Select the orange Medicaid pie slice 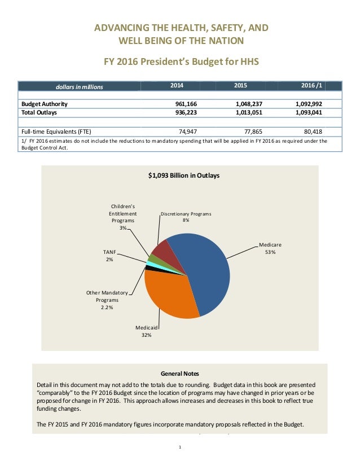click(169, 296)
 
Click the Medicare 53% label click(270, 249)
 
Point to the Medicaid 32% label click(146, 331)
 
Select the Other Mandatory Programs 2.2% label click(107, 300)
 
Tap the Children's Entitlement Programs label click(122, 217)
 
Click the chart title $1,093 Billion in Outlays click(180, 176)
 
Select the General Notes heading click(179, 373)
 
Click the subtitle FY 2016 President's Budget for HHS click(179, 60)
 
